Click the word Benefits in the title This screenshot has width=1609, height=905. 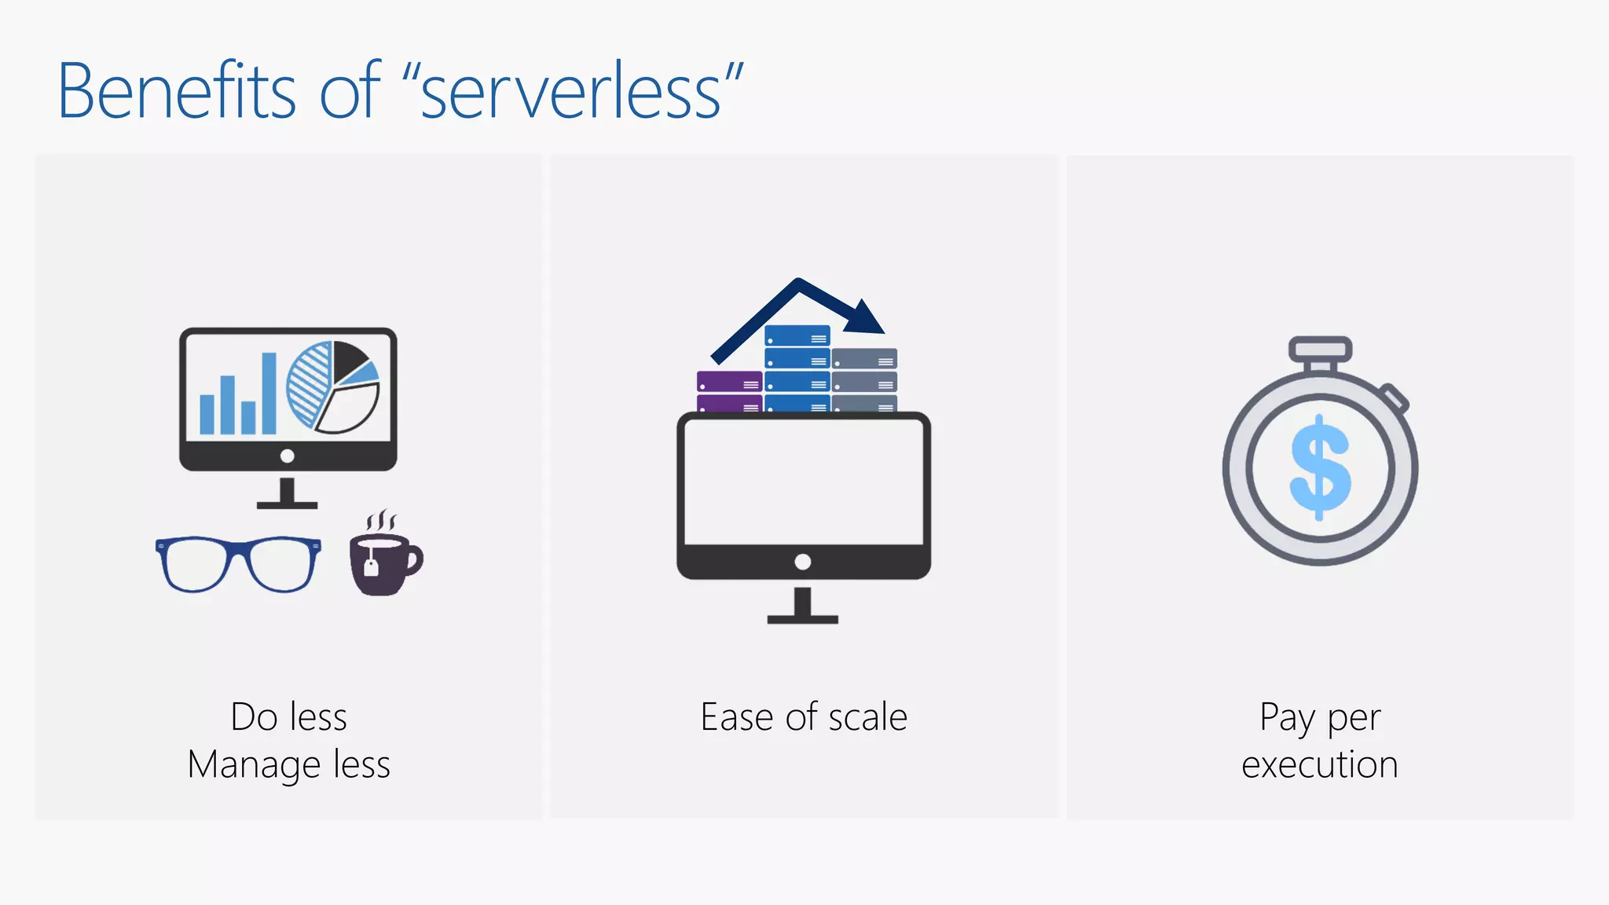point(177,91)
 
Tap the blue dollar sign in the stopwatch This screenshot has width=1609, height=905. point(1321,467)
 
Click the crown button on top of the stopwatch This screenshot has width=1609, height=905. point(1320,349)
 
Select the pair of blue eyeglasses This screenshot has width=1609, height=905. point(238,563)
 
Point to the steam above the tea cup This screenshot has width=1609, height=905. point(382,520)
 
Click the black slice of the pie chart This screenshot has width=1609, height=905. point(348,359)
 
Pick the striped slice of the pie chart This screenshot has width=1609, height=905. point(309,384)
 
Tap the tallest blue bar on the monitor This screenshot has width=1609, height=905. point(269,393)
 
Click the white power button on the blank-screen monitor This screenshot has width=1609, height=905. point(802,562)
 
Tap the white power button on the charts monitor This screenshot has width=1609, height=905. point(288,456)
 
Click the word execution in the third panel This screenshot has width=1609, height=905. point(1320,764)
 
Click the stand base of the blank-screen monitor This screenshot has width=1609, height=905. point(802,619)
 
